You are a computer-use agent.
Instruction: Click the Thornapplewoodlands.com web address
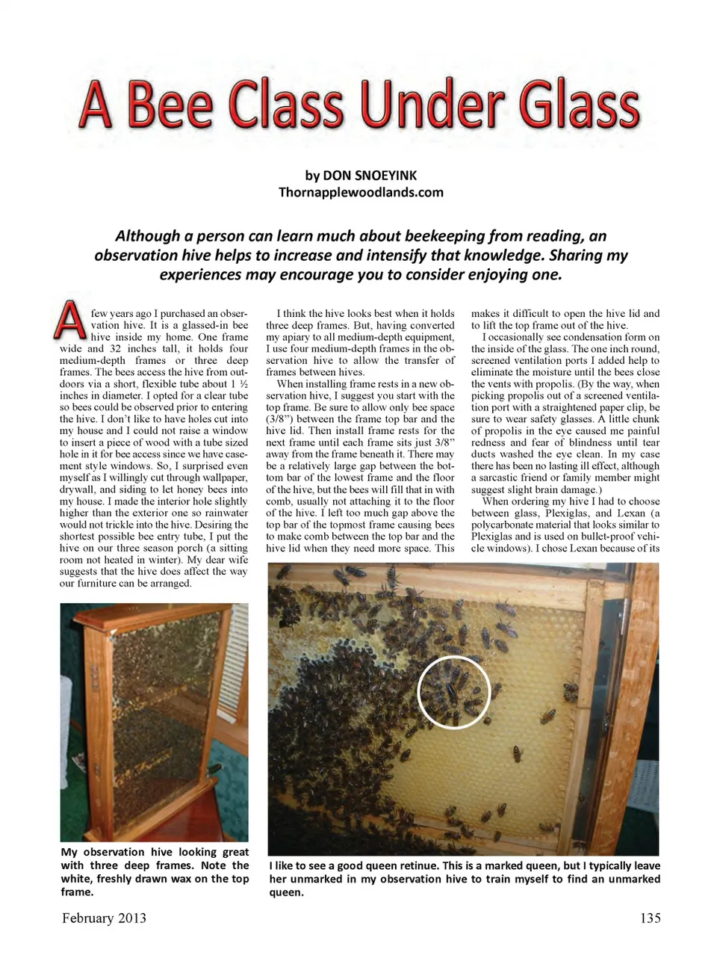[x=361, y=192]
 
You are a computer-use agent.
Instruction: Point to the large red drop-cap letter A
[x=70, y=320]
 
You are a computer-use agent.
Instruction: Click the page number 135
[x=650, y=918]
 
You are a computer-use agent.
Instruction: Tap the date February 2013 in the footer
[x=104, y=918]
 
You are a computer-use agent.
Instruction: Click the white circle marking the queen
[x=453, y=691]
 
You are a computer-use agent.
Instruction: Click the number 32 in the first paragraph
[x=115, y=349]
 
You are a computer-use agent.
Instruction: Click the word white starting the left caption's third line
[x=75, y=879]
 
